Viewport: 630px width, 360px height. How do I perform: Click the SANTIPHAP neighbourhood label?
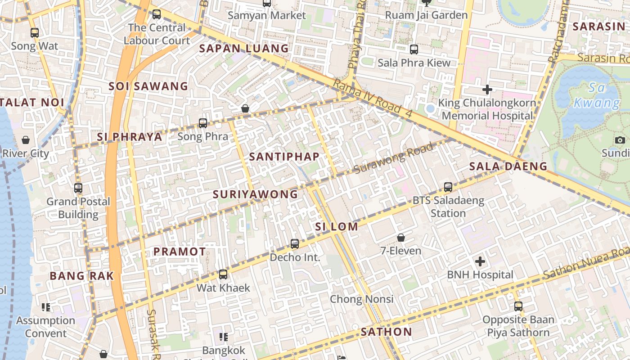(x=284, y=157)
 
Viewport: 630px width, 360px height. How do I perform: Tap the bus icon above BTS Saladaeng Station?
(x=448, y=187)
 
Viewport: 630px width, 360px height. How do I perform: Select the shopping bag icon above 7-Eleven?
(x=400, y=237)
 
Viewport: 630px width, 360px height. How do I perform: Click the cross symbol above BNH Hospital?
(x=480, y=261)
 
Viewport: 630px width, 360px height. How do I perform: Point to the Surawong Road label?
(x=394, y=158)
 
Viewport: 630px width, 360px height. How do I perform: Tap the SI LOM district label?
(x=337, y=227)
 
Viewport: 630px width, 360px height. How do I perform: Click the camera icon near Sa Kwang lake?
(x=620, y=140)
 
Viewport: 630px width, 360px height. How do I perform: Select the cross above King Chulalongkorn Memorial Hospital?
(x=487, y=90)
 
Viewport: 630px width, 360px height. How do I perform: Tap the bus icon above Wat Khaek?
(x=223, y=274)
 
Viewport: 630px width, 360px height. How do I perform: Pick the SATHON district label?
(x=386, y=332)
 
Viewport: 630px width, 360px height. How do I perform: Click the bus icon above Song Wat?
(x=35, y=32)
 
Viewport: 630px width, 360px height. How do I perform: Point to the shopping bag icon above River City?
(x=26, y=140)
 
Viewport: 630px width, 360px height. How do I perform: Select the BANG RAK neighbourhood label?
(x=81, y=276)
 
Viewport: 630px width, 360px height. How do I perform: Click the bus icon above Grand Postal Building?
(x=78, y=188)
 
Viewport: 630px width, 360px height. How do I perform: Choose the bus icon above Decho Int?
(x=295, y=244)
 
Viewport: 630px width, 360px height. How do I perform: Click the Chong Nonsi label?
(x=361, y=299)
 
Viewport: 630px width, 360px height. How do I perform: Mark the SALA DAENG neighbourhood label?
(x=508, y=166)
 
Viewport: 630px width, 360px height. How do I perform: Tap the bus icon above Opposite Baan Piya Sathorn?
(x=518, y=306)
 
